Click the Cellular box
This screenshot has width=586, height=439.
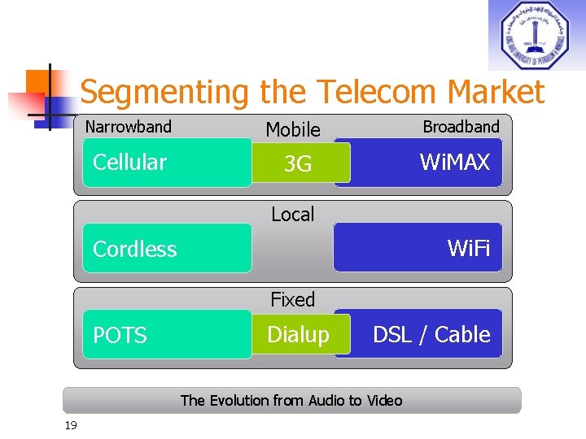point(167,163)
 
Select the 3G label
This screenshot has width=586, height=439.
point(298,164)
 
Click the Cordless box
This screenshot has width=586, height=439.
point(167,249)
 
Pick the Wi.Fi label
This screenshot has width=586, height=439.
point(469,248)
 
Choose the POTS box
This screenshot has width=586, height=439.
point(167,334)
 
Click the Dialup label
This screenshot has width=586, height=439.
point(299,334)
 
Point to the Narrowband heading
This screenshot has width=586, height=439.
point(129,127)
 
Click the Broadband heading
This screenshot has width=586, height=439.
point(461,127)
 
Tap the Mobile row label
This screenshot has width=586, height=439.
point(293,129)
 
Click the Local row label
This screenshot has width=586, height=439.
point(292,215)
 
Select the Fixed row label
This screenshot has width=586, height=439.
point(292,300)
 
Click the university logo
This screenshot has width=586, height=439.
point(536,35)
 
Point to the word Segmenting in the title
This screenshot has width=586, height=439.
point(164,93)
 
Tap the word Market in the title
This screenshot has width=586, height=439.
point(496,92)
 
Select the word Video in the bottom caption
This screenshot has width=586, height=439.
point(383,400)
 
